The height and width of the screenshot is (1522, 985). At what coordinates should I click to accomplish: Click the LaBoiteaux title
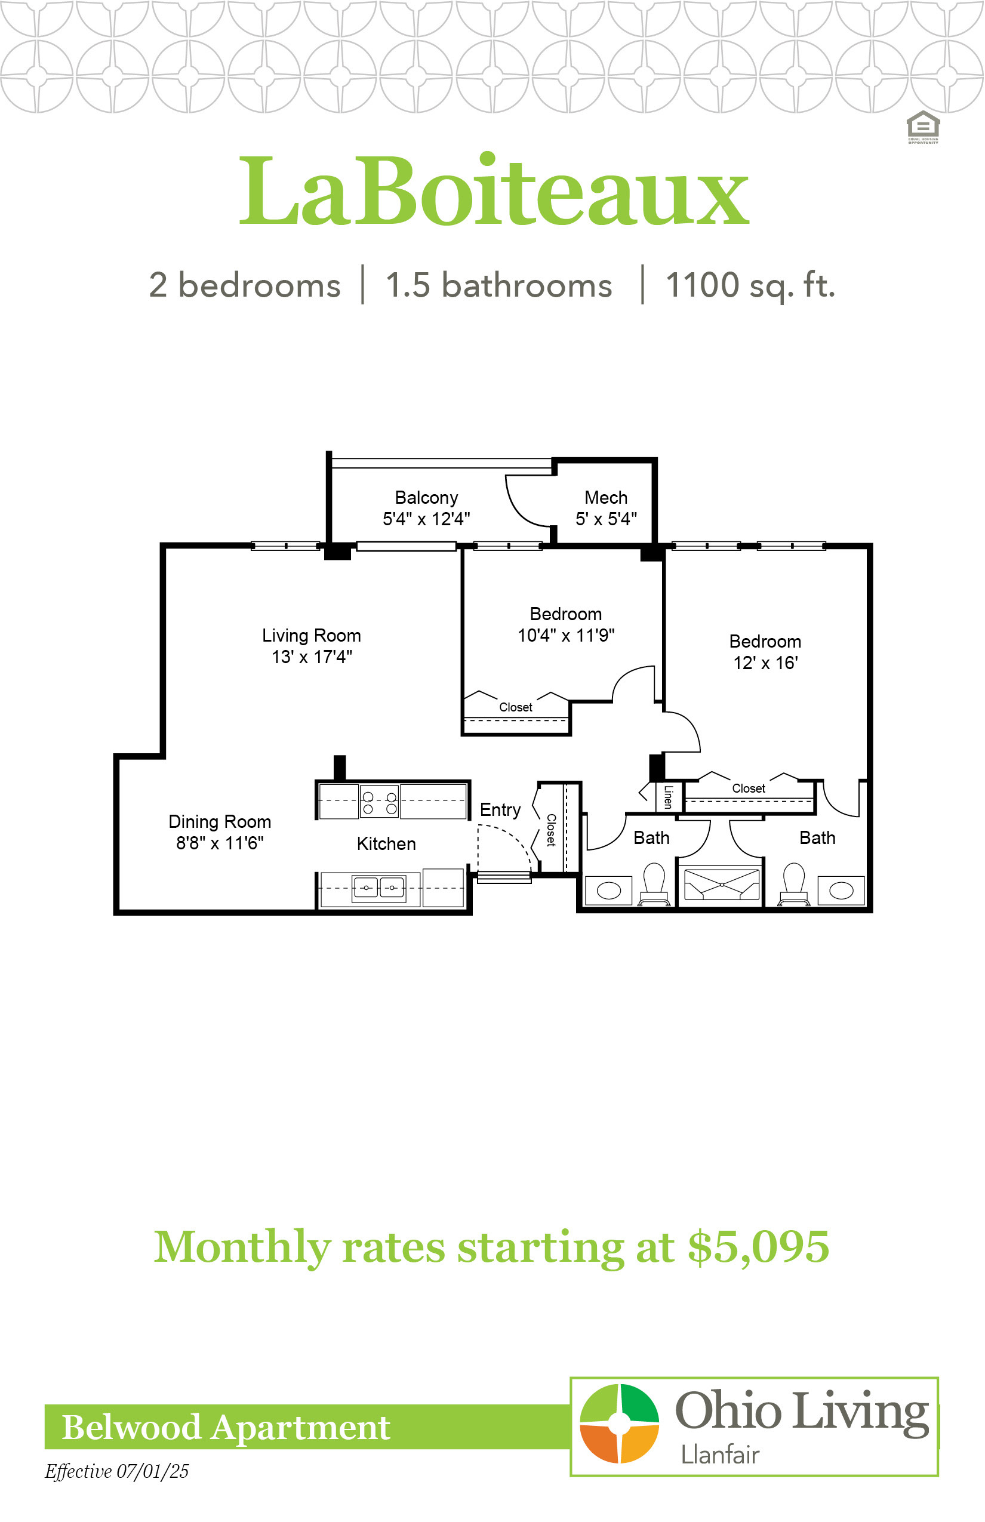pos(493,190)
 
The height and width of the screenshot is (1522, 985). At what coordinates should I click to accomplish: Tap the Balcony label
pos(426,498)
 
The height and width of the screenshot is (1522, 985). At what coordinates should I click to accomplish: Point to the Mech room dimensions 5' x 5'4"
pos(606,519)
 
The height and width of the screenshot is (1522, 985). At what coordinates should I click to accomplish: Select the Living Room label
pos(312,636)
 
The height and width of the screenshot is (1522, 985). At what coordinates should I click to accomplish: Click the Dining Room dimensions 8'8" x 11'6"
pos(220,843)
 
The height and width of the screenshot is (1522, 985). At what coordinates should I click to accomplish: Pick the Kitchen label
pos(386,843)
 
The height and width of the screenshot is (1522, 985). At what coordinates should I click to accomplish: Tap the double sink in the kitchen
pos(378,888)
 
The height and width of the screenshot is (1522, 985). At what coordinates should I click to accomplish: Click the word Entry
pos(500,811)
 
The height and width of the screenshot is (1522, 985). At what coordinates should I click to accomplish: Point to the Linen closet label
pos(668,797)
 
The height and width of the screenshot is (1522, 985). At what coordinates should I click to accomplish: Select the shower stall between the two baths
pos(721,886)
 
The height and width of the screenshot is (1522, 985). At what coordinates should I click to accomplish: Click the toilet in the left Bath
pos(654,885)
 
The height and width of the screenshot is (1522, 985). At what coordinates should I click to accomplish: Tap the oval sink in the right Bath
pos(841,890)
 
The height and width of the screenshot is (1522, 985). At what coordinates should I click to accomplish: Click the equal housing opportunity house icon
pos(923,126)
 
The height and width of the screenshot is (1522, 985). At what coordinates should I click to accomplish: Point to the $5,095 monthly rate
pos(759,1246)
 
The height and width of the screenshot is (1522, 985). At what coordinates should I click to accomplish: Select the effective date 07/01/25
pos(152,1471)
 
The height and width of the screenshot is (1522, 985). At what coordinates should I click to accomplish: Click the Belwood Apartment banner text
pos(226,1427)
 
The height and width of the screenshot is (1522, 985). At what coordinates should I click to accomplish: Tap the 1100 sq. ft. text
pos(750,285)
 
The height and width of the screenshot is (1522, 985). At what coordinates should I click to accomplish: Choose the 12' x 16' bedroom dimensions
pos(765,663)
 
